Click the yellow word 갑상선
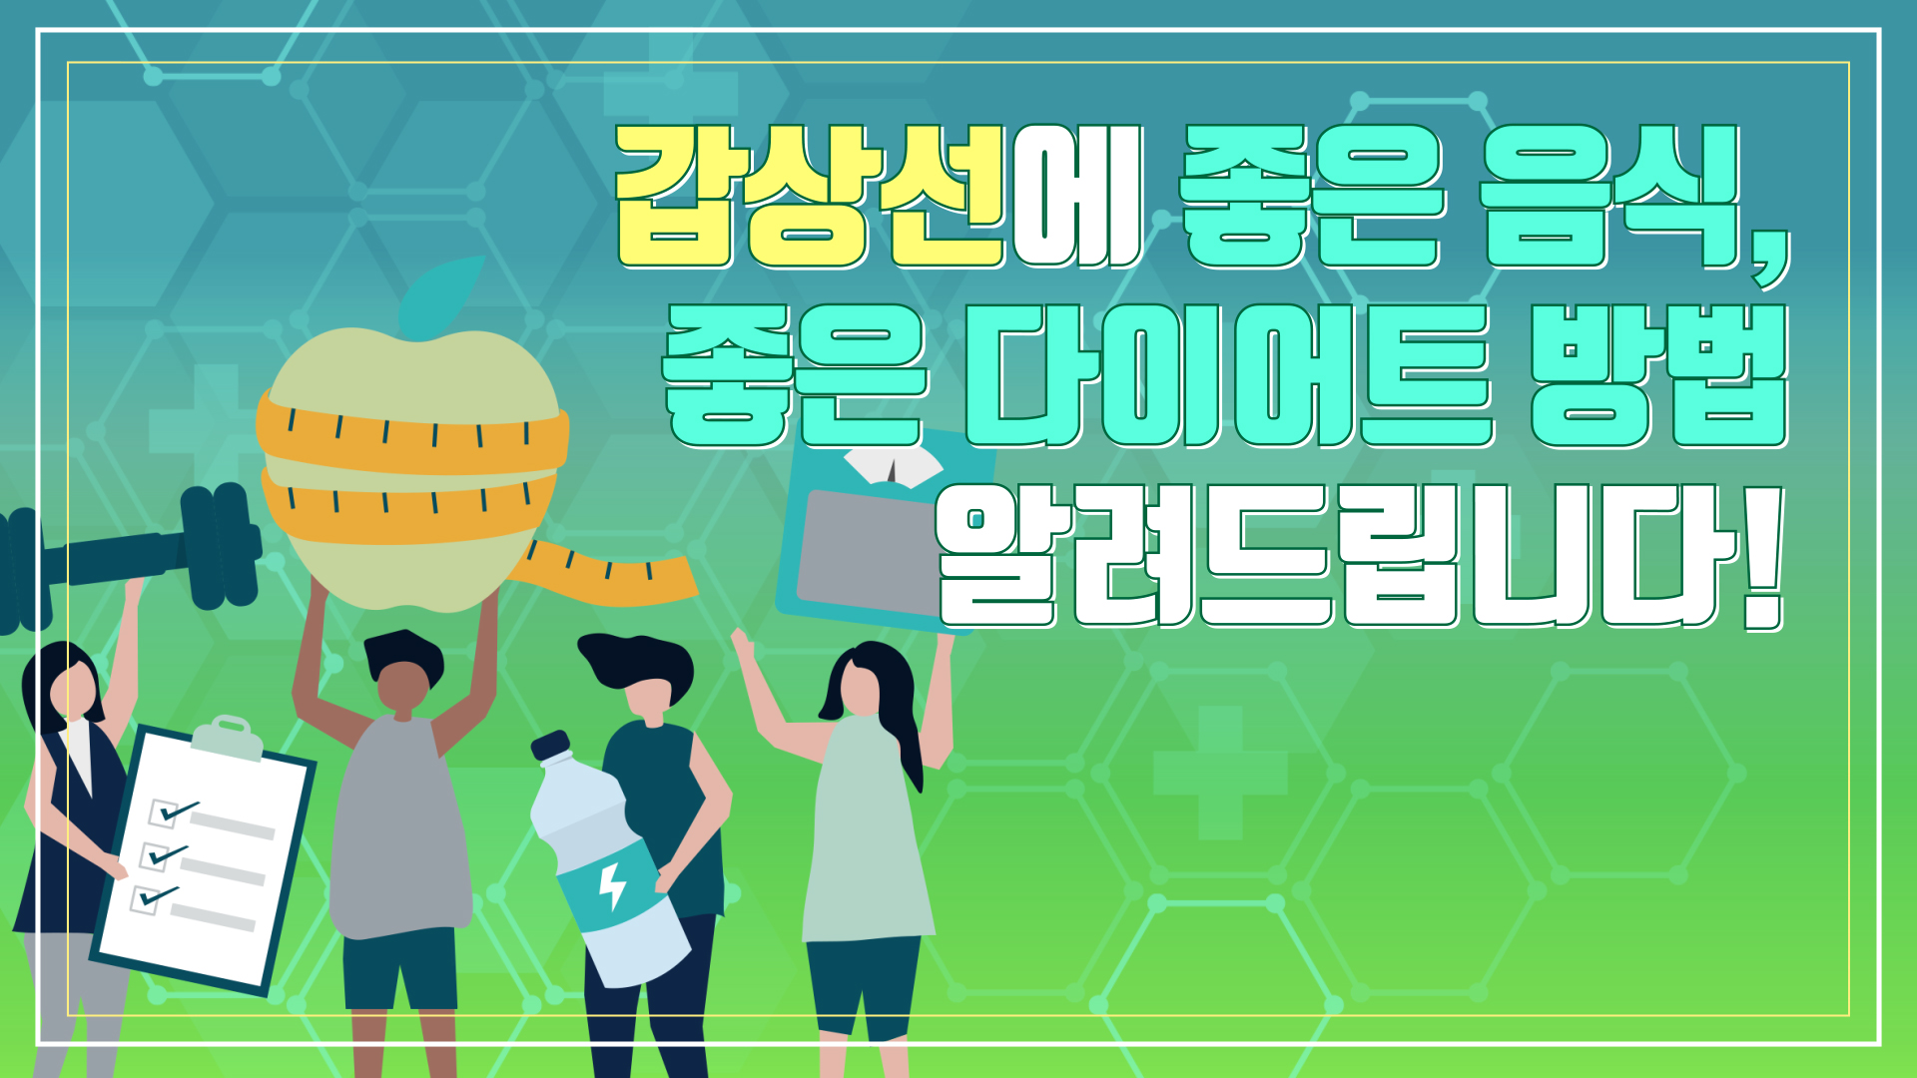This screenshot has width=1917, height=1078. [x=810, y=196]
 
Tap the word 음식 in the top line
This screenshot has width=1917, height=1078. [x=1610, y=196]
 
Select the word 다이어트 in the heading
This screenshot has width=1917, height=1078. [x=1229, y=375]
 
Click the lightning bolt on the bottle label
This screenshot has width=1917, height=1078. [x=611, y=885]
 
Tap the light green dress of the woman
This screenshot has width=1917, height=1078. [x=864, y=828]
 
